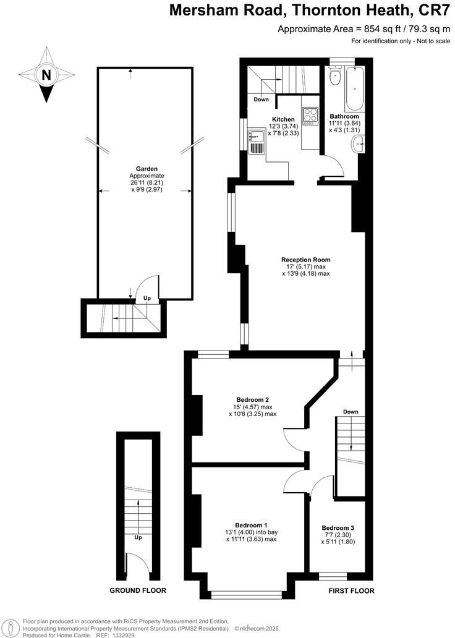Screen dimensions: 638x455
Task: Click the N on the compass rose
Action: (45, 75)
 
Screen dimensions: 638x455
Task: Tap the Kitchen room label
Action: (283, 119)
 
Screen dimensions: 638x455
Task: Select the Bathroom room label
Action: (344, 116)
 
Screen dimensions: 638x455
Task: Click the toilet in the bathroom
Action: (336, 78)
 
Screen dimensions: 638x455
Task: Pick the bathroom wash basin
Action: (359, 145)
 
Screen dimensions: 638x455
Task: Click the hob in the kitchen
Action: (309, 116)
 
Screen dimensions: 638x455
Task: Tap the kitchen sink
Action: (257, 142)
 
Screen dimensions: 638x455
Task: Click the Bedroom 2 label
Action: (252, 399)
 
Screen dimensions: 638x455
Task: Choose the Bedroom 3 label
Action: (338, 527)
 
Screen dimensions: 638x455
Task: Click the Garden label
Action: (147, 168)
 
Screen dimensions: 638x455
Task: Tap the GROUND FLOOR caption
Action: (138, 590)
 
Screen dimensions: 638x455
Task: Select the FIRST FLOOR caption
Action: (351, 590)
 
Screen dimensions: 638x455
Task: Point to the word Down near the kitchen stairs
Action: (261, 99)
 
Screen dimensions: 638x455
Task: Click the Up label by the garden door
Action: (147, 298)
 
